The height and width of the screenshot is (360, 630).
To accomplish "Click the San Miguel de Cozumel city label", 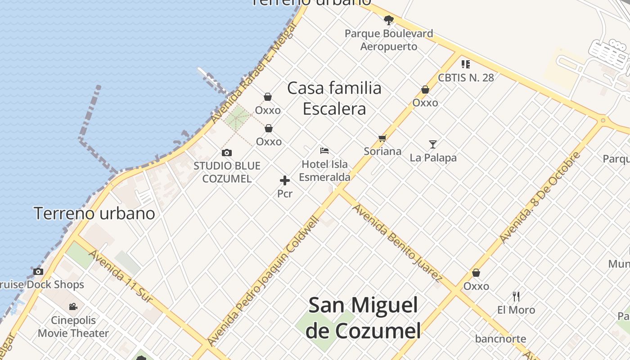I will (363, 318).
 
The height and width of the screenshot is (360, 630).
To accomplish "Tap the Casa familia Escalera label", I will (334, 98).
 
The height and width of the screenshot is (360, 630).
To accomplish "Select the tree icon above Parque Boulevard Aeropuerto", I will (389, 20).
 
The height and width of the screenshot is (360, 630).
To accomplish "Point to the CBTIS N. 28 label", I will (466, 77).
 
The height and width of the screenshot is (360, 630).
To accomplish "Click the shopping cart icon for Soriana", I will (382, 138).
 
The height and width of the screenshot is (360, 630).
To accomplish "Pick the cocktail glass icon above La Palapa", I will (433, 144).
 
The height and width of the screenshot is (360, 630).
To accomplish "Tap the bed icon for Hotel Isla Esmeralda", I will (324, 151).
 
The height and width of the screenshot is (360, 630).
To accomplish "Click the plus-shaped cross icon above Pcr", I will (285, 180).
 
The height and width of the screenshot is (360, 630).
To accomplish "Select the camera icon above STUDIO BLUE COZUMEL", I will (227, 153).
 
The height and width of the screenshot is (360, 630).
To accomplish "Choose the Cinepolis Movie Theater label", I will (73, 327).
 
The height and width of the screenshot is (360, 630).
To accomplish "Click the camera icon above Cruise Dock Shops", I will (38, 271).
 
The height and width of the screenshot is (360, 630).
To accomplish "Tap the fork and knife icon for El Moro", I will (516, 297).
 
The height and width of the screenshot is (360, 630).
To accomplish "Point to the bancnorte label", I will (500, 339).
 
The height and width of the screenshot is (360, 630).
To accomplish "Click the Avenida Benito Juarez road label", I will (396, 242).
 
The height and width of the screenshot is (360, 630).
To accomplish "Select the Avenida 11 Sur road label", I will (120, 275).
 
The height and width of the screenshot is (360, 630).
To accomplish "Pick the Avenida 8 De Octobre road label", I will (540, 198).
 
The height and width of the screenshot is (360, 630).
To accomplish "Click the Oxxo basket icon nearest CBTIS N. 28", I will (425, 90).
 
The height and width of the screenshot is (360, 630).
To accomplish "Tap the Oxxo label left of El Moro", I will (476, 286).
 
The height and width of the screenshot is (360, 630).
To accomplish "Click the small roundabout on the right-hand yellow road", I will (603, 120).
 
